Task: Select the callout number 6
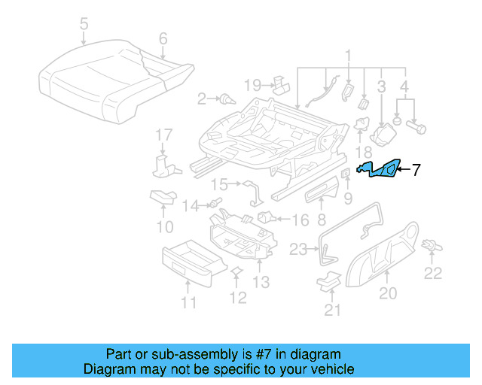coord(163,38)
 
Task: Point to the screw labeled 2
coord(225,99)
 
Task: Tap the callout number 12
coord(237,299)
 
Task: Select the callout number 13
coord(261,282)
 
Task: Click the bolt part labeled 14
coord(215,202)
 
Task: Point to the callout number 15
coord(219,183)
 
